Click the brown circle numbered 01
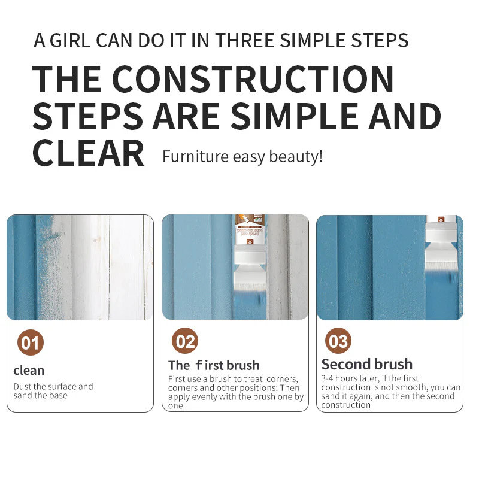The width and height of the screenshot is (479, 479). tap(31, 342)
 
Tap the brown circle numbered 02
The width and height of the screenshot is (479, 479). tap(185, 341)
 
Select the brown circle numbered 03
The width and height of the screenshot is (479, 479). tap(338, 341)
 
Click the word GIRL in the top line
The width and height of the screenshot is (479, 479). tap(70, 40)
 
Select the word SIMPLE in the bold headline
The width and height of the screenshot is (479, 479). tap(295, 116)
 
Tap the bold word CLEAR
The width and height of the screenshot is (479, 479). tap(88, 153)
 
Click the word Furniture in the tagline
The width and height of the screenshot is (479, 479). tap(195, 156)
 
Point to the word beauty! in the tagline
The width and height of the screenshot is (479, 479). tap(296, 157)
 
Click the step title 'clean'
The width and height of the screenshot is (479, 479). tap(29, 371)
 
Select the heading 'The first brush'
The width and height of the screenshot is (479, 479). tap(214, 365)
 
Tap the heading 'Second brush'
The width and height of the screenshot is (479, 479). tap(367, 364)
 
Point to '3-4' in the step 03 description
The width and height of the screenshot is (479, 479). tap(327, 378)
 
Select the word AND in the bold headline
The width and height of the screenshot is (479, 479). tap(405, 116)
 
